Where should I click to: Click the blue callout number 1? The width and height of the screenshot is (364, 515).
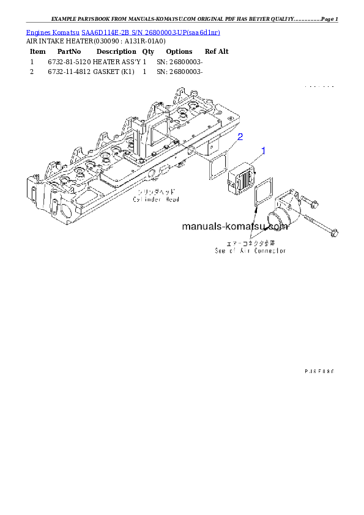click(264, 150)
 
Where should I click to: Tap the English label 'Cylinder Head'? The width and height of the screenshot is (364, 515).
click(156, 199)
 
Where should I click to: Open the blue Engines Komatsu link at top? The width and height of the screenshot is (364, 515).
click(122, 32)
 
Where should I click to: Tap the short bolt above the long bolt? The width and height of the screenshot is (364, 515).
click(309, 203)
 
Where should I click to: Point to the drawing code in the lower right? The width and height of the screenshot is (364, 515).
click(320, 371)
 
